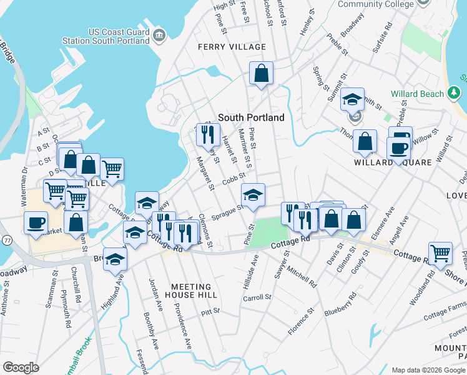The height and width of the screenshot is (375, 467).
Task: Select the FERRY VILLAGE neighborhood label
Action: [x=232, y=47]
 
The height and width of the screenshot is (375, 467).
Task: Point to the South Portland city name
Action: [x=251, y=117]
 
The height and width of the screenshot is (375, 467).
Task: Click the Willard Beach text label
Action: [x=417, y=94]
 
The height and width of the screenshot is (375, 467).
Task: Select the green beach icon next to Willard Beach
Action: [x=455, y=94]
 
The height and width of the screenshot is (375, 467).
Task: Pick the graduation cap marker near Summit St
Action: [x=352, y=99]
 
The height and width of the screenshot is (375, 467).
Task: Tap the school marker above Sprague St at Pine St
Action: [x=253, y=195]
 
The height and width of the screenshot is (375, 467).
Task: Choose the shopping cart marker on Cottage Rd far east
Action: [x=440, y=253]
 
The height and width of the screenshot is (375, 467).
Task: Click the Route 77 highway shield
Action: [x=7, y=239]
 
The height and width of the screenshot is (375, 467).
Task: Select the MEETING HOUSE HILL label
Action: [x=194, y=291]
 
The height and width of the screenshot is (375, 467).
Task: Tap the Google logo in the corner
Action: [x=21, y=367]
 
